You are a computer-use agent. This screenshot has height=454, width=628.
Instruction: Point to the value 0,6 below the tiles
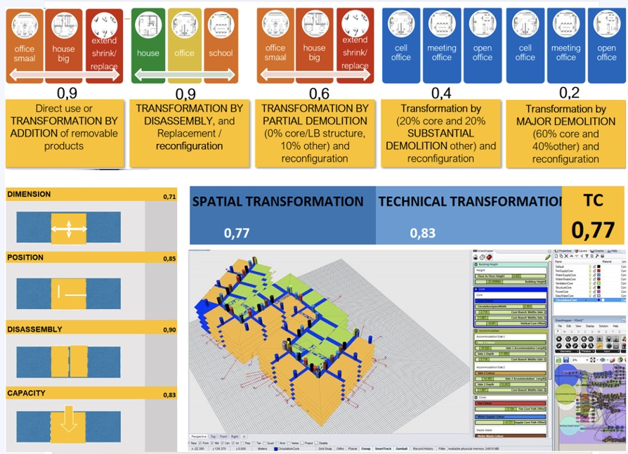(x=318, y=93)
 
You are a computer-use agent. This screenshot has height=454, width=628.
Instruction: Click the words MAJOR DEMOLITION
(x=565, y=122)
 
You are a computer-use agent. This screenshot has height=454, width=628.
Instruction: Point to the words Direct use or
(x=64, y=108)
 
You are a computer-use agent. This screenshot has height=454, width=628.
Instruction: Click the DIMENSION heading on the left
(x=29, y=195)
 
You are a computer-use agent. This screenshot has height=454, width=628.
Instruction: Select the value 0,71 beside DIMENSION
(x=169, y=196)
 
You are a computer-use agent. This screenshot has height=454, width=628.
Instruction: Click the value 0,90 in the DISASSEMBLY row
(x=169, y=330)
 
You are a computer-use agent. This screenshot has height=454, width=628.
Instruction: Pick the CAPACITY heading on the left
(x=26, y=394)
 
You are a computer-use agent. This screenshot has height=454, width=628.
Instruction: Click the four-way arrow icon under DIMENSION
(x=68, y=229)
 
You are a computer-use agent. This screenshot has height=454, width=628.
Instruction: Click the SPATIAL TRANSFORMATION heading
(x=278, y=202)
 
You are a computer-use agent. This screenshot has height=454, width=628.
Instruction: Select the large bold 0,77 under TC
(x=594, y=229)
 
